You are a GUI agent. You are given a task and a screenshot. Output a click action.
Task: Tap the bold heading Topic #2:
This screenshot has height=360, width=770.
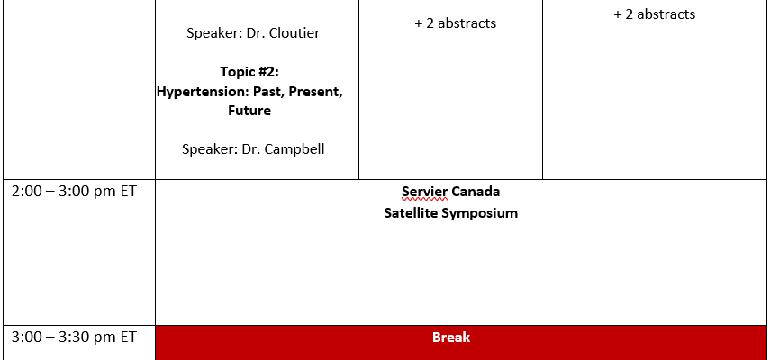pyautogui.click(x=249, y=72)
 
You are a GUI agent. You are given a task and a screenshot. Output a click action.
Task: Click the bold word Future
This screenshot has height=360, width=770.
pyautogui.click(x=249, y=111)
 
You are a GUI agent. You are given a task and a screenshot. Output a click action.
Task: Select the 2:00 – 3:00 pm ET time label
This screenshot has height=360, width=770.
pyautogui.click(x=74, y=192)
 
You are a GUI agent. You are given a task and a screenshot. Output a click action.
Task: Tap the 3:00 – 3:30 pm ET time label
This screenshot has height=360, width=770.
pyautogui.click(x=74, y=337)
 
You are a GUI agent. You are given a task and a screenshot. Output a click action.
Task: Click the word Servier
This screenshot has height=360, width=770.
pyautogui.click(x=425, y=192)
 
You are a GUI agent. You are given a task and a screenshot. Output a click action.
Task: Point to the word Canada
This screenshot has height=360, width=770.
pyautogui.click(x=476, y=192)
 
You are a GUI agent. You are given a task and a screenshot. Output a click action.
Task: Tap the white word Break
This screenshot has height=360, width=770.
pyautogui.click(x=451, y=337)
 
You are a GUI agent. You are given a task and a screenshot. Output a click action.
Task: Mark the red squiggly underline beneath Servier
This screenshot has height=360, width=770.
pyautogui.click(x=425, y=200)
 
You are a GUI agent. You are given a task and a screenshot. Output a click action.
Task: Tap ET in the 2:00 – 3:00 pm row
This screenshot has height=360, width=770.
pyautogui.click(x=128, y=192)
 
